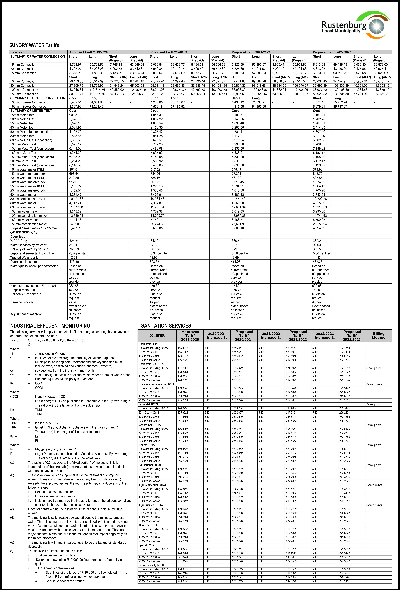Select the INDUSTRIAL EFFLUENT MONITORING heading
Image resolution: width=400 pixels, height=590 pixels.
tap(50, 326)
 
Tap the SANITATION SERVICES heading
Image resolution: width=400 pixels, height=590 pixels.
tap(166, 326)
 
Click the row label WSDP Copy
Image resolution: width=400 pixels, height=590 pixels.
tap(19, 241)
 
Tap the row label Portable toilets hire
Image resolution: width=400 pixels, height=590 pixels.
tap(24, 262)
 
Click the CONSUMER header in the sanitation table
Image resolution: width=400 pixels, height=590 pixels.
tap(157, 336)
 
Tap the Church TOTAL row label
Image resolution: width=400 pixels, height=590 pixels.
tap(147, 445)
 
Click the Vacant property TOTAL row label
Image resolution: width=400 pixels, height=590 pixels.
tap(152, 565)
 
